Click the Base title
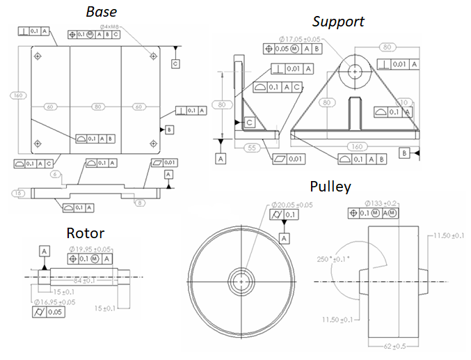[102, 12]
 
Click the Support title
[338, 22]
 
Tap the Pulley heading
[330, 186]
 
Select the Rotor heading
[86, 233]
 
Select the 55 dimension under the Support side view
[253, 148]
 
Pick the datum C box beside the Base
[175, 63]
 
